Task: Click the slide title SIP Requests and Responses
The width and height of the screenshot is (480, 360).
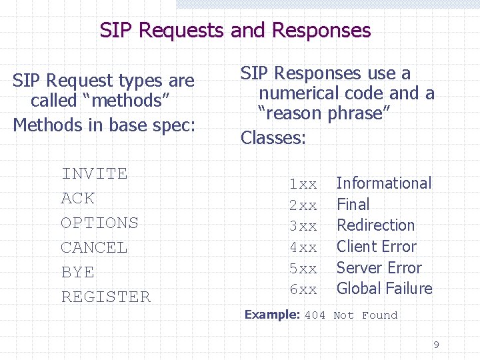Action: (235, 31)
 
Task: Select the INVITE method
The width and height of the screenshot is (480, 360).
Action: (94, 174)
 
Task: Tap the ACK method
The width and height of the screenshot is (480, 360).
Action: (77, 199)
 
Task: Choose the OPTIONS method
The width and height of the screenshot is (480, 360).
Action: (99, 223)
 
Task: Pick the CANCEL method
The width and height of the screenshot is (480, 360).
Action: (93, 248)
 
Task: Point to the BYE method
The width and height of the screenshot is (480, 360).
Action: (77, 273)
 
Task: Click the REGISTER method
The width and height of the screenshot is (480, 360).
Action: (105, 297)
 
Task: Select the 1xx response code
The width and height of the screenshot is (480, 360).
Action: (303, 184)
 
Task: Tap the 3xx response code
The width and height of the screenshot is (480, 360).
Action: (303, 226)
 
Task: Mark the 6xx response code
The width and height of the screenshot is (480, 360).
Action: (303, 289)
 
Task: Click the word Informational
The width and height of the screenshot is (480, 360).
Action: (383, 183)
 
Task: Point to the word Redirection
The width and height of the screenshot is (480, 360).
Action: (375, 225)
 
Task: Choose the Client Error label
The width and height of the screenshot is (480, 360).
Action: (376, 247)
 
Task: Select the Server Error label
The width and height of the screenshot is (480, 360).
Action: (379, 268)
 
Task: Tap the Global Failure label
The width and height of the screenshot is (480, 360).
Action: (384, 289)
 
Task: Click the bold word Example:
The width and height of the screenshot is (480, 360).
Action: (272, 315)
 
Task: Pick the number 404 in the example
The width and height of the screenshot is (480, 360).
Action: (315, 315)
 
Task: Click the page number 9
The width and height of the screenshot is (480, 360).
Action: (436, 345)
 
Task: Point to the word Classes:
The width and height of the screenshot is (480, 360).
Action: (273, 138)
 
